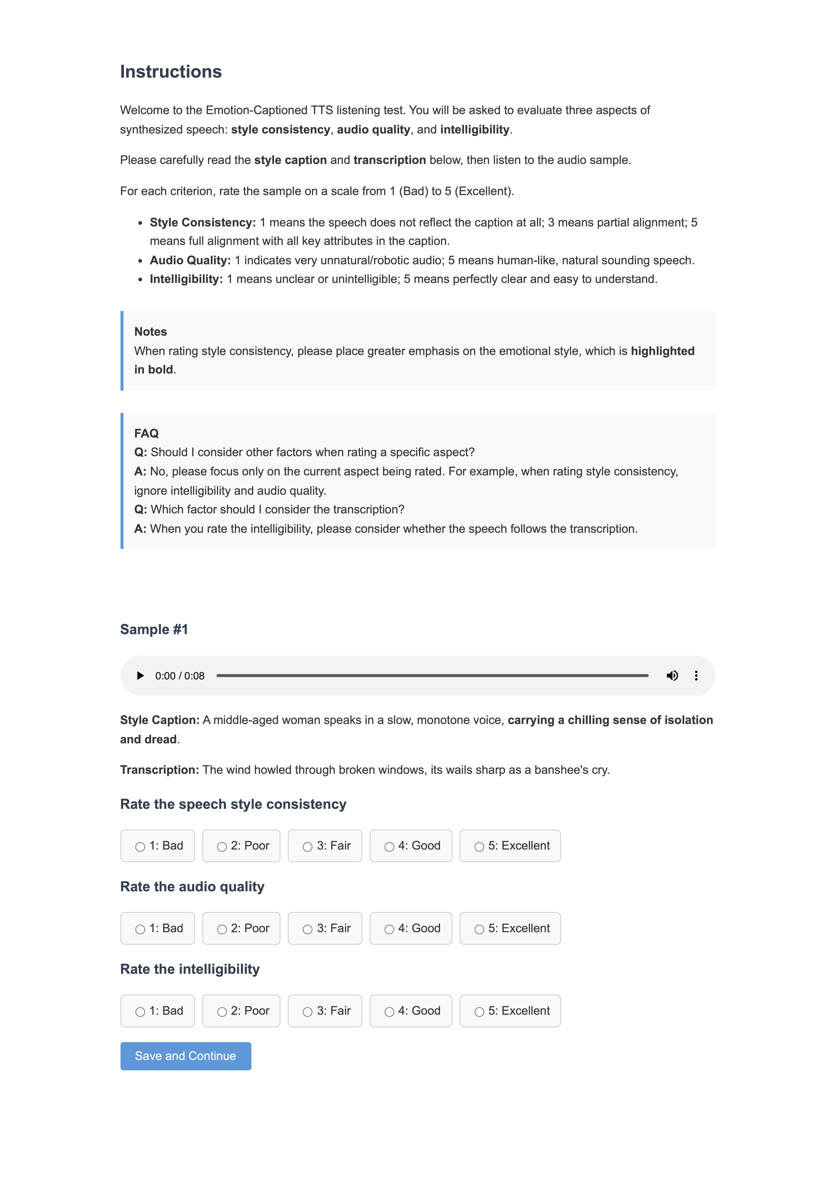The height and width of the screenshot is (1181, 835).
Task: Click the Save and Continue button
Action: click(x=186, y=1056)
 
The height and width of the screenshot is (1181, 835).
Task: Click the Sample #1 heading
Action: click(x=154, y=630)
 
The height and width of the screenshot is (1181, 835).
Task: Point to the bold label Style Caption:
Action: click(x=159, y=720)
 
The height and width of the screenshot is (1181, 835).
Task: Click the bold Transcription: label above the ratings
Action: click(x=159, y=770)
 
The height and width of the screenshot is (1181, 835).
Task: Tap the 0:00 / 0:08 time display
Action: click(x=180, y=676)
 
